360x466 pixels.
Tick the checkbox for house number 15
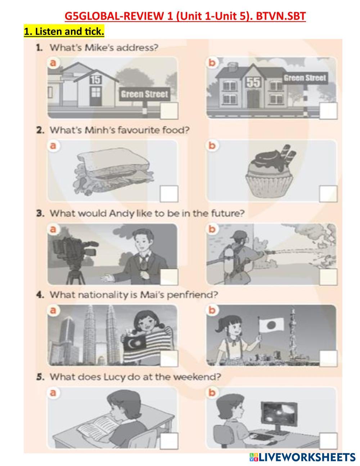169,111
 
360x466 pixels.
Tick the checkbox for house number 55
328,111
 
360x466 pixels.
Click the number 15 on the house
95,80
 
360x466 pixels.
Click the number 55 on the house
253,82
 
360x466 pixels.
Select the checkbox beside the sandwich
169,194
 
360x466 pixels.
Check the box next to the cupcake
328,194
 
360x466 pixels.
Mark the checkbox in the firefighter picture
328,277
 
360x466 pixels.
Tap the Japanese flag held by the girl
271,325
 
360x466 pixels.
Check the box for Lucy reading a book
169,441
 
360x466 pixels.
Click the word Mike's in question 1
99,48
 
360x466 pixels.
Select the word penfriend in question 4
192,295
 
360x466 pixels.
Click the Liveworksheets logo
302,457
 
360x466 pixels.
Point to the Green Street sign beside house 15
145,94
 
